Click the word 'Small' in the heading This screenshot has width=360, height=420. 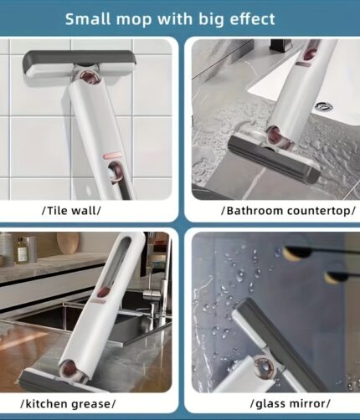pyautogui.click(x=88, y=19)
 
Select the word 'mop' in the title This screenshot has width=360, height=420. pyautogui.click(x=135, y=20)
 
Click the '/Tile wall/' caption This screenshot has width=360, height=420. pyautogui.click(x=71, y=210)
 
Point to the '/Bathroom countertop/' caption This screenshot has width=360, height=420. pyautogui.click(x=288, y=211)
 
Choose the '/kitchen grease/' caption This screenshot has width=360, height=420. pyautogui.click(x=68, y=403)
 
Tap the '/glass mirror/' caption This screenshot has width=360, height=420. pyautogui.click(x=291, y=403)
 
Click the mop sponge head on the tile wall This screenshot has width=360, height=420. pyautogui.click(x=79, y=64)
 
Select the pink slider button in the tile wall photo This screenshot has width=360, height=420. pyautogui.click(x=112, y=155)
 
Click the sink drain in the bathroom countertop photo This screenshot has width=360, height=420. pyautogui.click(x=324, y=105)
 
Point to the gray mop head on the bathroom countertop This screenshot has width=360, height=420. pyautogui.click(x=274, y=159)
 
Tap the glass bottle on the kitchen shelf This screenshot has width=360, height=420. pyautogui.click(x=22, y=250)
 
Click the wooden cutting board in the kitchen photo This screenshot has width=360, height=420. pyautogui.click(x=68, y=243)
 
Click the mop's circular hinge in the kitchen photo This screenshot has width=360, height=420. pyautogui.click(x=73, y=371)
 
